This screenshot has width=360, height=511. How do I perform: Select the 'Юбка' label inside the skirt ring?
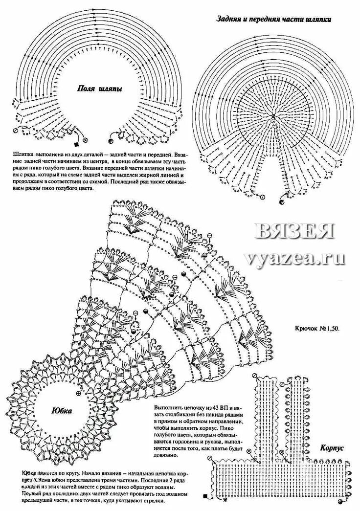click(62, 411)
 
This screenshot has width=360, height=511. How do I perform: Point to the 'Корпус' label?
click(334, 448)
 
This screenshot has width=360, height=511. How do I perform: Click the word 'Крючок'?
click(308, 329)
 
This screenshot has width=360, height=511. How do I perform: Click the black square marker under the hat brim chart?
click(76, 145)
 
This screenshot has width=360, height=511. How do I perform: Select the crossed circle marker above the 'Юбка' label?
click(79, 393)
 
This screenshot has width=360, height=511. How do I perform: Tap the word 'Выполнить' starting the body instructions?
click(168, 408)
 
